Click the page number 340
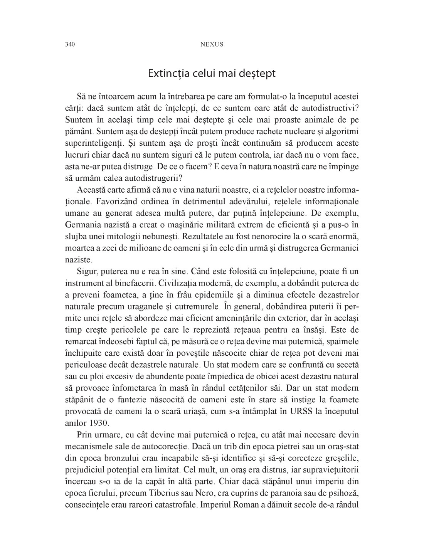tap(70, 44)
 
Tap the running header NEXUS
tap(212, 44)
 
